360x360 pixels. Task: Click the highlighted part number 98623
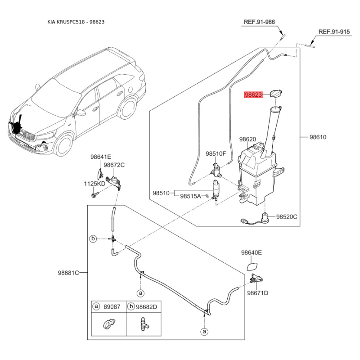[x=253, y=94]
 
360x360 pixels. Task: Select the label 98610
[x=318, y=137]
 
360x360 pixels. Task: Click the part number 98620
[x=247, y=139]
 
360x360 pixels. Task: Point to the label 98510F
[x=216, y=153]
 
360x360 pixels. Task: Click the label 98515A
[x=190, y=196]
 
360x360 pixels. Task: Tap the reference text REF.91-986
[x=259, y=22]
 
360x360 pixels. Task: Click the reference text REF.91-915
[x=334, y=31]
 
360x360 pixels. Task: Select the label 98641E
[x=100, y=157]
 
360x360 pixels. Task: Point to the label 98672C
[x=114, y=165]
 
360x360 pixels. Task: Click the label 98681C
[x=68, y=273]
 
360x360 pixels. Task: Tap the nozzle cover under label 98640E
[x=252, y=266]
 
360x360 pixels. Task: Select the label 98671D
[x=257, y=293]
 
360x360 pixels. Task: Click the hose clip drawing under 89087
[x=109, y=324]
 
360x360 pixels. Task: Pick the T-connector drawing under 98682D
[x=144, y=324]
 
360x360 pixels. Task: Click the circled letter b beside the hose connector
[x=93, y=239]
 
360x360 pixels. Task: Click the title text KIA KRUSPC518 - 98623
[x=76, y=22]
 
